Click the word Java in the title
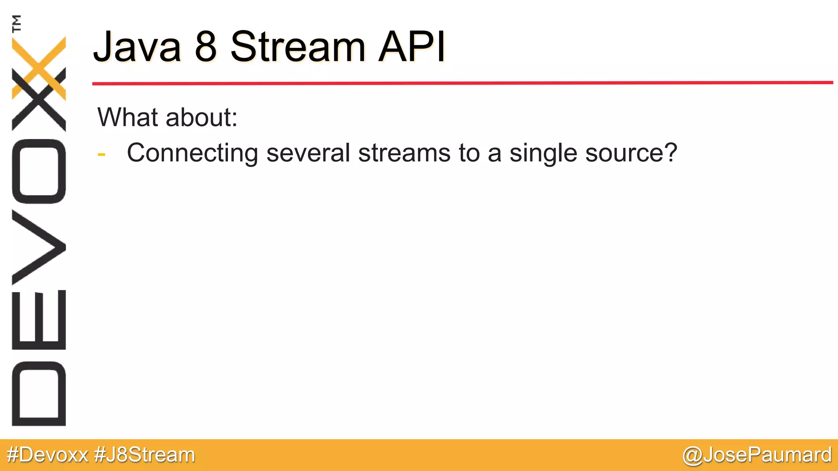pos(137,47)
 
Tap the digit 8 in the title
pos(205,47)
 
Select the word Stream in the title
pos(297,47)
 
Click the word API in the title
pos(412,47)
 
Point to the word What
pos(127,117)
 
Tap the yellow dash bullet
pos(101,155)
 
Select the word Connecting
pos(192,153)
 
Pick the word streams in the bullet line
pos(404,153)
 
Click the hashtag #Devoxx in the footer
pos(47,455)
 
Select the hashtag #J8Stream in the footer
pos(144,455)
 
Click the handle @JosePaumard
pos(757,455)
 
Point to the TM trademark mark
pos(17,23)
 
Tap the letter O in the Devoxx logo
pos(39,171)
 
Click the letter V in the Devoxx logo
pos(39,247)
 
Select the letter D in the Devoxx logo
pos(39,394)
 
